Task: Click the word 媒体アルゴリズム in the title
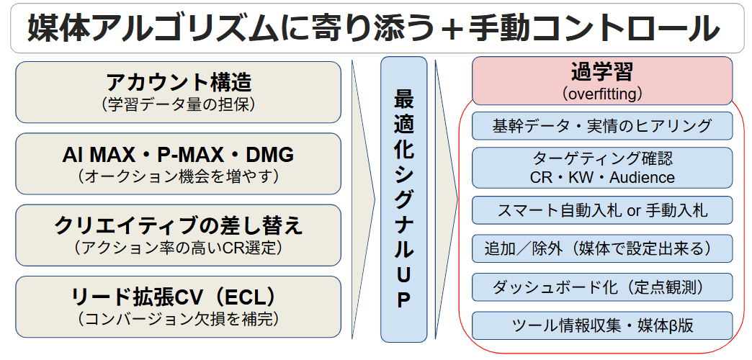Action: point(153,28)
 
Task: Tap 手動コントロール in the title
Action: point(591,28)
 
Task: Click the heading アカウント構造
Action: point(179,83)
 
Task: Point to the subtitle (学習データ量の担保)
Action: point(179,104)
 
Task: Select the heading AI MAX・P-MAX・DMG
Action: point(178,154)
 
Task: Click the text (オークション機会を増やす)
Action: point(179,176)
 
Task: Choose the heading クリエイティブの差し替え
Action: point(179,226)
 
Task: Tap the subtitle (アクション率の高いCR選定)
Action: point(179,248)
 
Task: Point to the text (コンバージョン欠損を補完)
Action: point(179,319)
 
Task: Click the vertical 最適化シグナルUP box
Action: point(404,199)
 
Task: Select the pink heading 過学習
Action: point(602,72)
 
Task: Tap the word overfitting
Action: point(602,94)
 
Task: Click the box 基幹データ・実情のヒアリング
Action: point(602,126)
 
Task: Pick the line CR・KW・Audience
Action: point(602,177)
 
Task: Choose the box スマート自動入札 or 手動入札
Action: point(602,210)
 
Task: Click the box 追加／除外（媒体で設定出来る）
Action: point(602,248)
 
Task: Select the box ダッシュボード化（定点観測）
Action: point(602,287)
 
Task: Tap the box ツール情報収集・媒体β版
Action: point(602,325)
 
